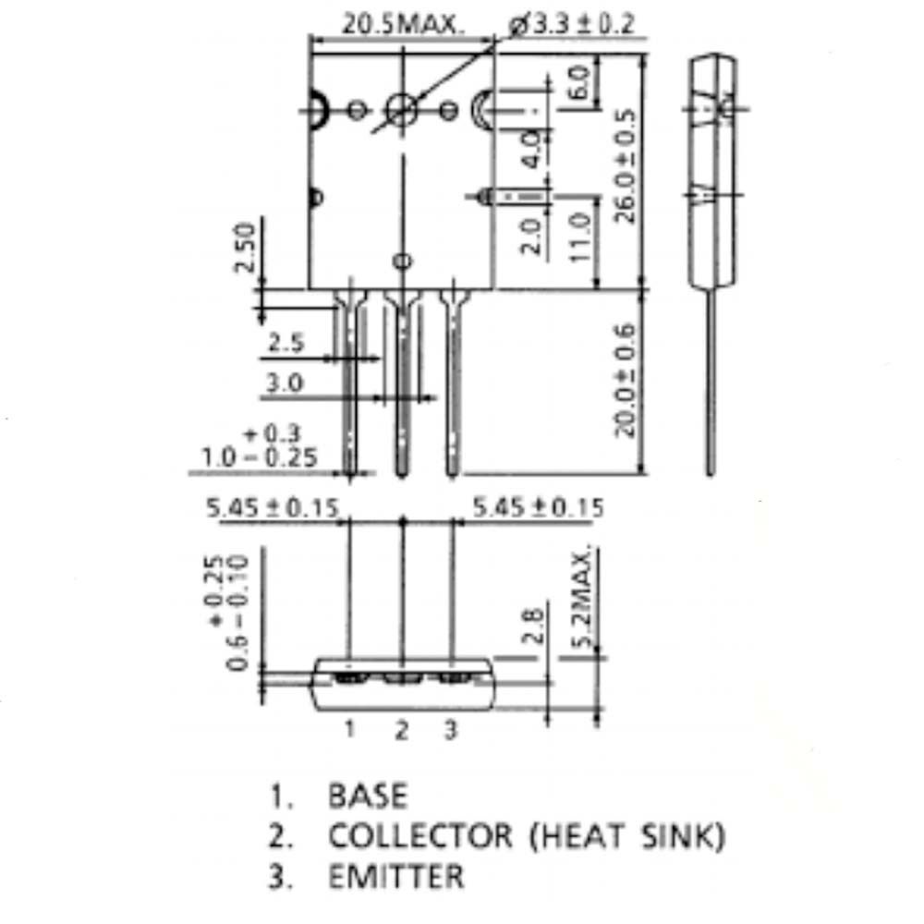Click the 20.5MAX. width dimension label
click(403, 24)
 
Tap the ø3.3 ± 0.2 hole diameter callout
click(572, 24)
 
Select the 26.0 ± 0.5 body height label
click(627, 166)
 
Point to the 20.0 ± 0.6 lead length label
click(626, 379)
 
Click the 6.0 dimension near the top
click(579, 85)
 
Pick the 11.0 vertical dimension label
click(579, 237)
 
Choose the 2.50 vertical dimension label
click(244, 248)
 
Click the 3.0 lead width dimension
click(284, 383)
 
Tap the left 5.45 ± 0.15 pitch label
click(273, 507)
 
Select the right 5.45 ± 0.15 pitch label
click(538, 507)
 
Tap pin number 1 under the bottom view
click(350, 730)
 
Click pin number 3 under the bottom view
click(451, 730)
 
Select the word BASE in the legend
click(367, 796)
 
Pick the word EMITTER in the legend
click(395, 876)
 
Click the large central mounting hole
click(401, 110)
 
